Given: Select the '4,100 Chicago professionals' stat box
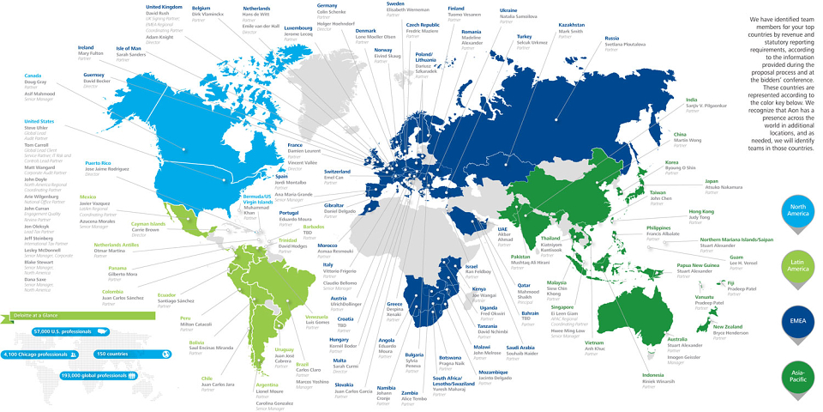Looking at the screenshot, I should (43, 354).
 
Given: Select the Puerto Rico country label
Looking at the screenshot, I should (99, 162).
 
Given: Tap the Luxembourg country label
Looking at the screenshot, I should (298, 27).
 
